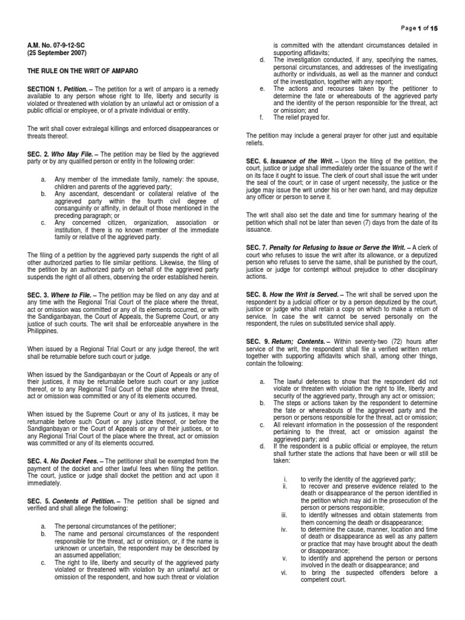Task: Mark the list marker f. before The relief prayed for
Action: tap(260, 117)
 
